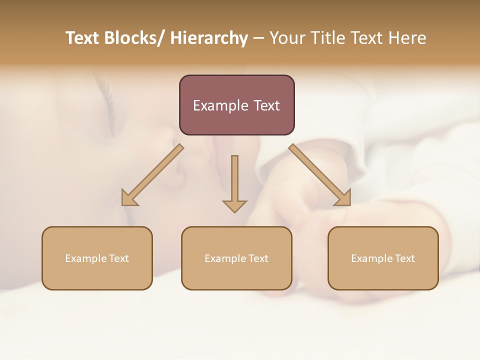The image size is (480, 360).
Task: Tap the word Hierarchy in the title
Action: click(x=209, y=38)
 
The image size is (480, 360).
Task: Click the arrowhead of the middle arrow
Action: click(x=234, y=205)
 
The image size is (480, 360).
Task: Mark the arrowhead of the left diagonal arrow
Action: click(x=128, y=198)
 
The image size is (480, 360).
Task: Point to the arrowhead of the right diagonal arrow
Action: click(x=344, y=198)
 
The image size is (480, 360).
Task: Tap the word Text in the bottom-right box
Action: click(x=404, y=258)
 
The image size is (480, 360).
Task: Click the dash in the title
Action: click(x=258, y=38)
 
